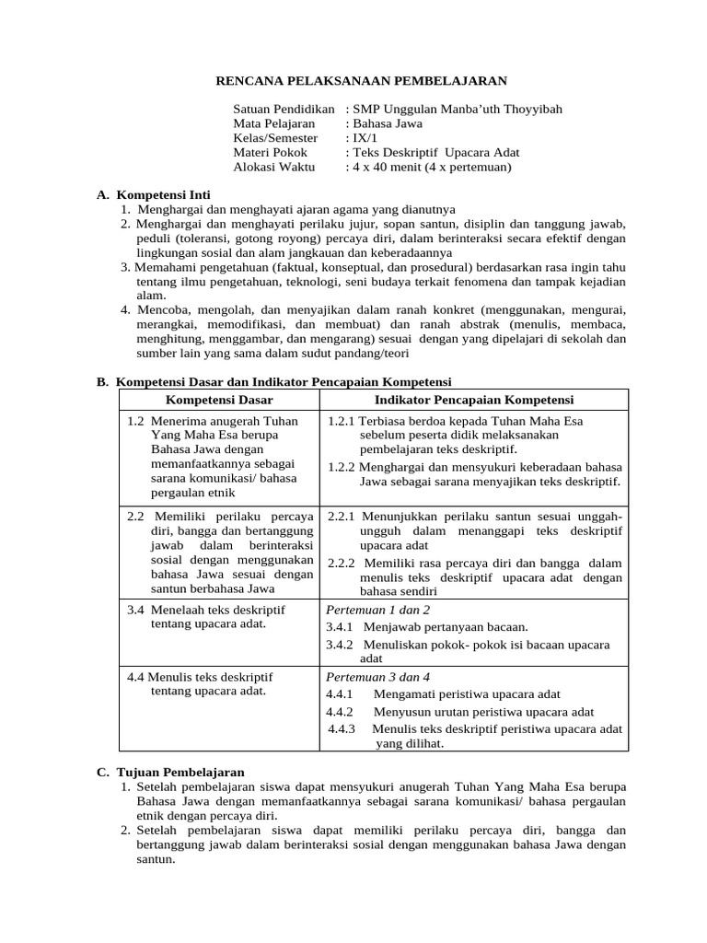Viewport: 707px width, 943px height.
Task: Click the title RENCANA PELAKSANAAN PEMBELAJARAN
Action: [361, 81]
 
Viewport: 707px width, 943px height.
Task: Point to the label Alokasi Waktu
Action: [273, 167]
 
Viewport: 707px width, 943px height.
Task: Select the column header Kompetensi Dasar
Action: [218, 400]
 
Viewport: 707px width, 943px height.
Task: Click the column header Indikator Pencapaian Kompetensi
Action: [473, 400]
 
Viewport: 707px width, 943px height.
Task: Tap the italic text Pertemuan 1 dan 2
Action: [378, 610]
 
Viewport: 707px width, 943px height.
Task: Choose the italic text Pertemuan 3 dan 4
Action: [378, 676]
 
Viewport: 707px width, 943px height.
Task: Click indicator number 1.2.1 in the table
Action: [342, 421]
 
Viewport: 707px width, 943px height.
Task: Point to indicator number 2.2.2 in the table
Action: [342, 563]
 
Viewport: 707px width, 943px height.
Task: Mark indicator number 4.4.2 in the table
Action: [340, 712]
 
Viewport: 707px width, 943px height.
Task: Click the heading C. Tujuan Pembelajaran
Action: [170, 772]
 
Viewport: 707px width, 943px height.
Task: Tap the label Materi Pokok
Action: [271, 152]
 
